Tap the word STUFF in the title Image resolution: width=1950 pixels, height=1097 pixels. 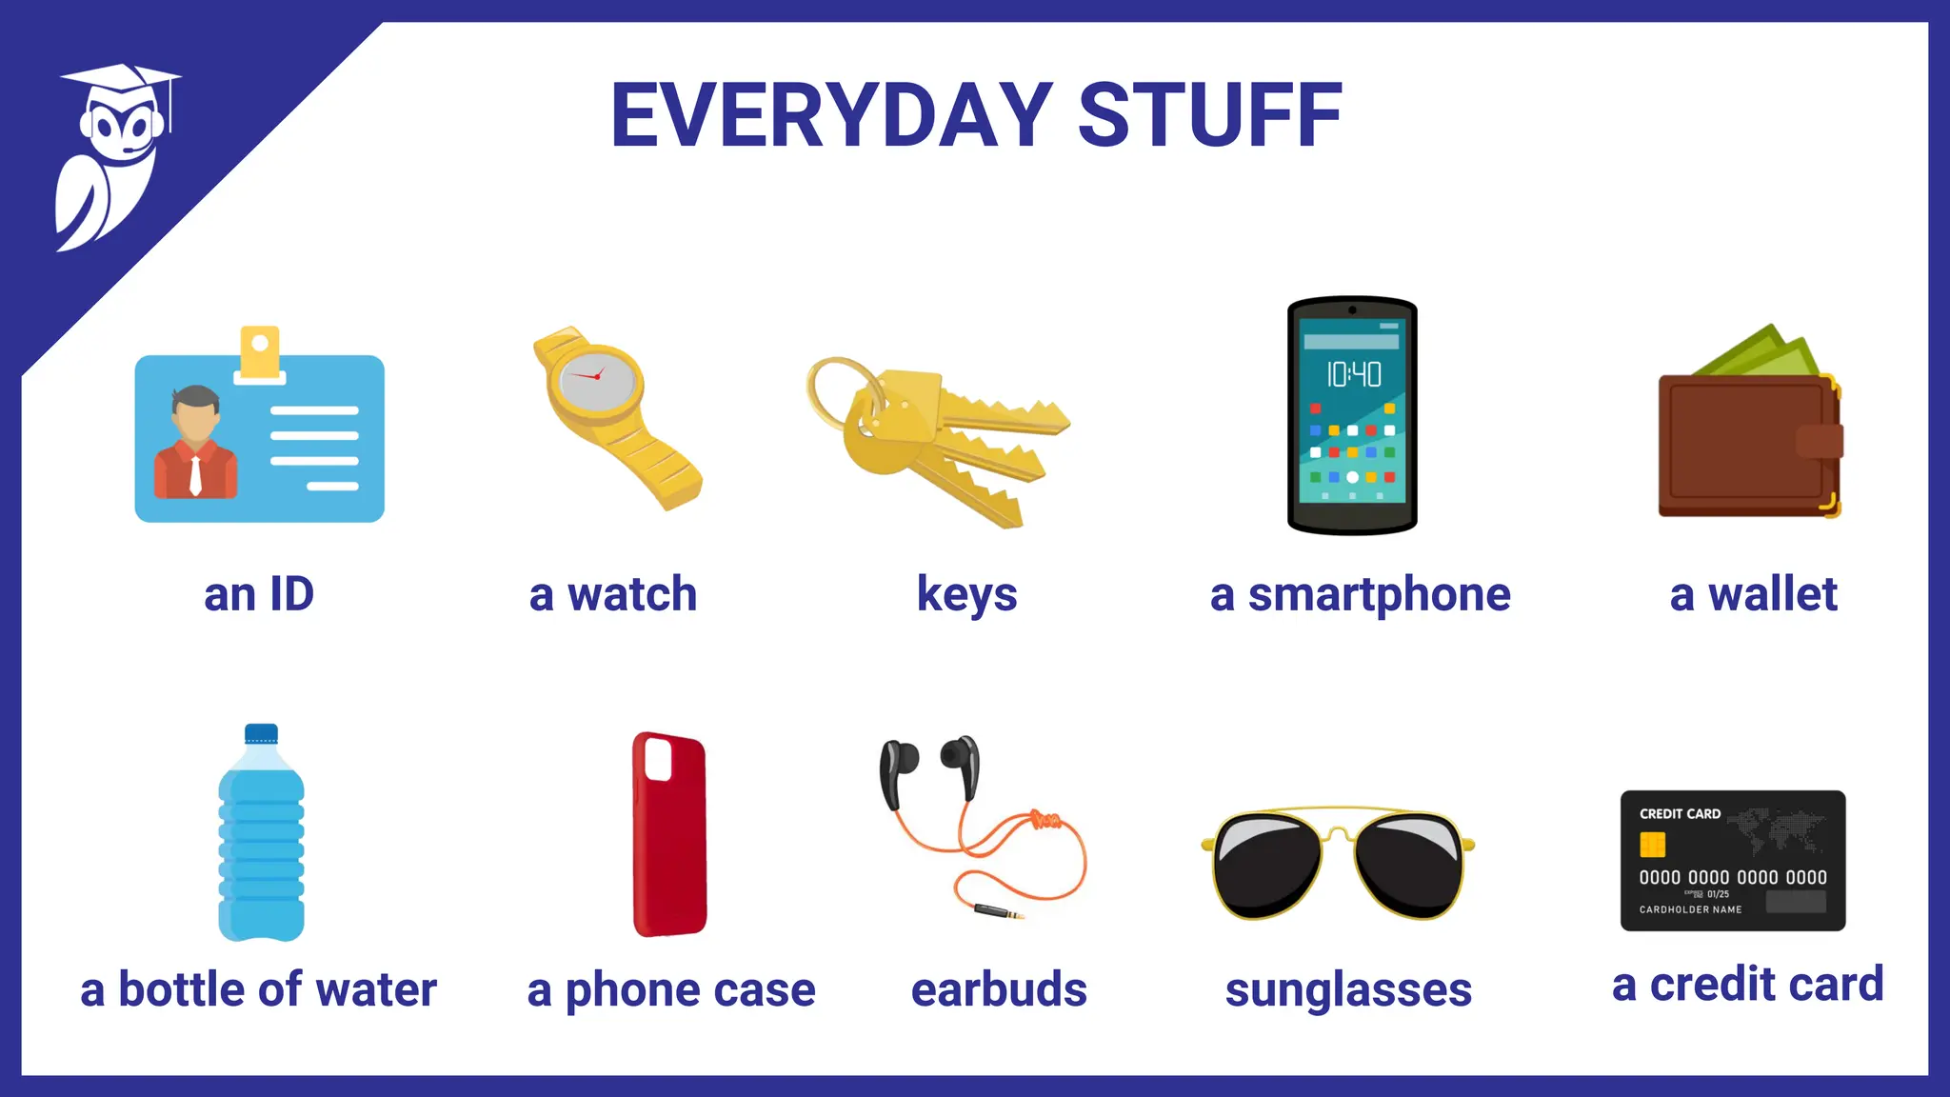click(1209, 116)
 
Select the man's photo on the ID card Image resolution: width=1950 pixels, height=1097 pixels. click(195, 442)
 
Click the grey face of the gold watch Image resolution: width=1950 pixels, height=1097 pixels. click(597, 377)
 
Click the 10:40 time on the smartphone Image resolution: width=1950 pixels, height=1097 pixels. click(1353, 374)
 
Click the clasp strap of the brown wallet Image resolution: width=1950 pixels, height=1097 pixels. click(1819, 441)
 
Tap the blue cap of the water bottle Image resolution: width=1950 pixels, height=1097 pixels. click(261, 733)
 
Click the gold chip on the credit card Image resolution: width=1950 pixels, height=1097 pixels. click(1652, 845)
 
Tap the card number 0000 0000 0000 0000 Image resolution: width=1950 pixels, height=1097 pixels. click(1732, 877)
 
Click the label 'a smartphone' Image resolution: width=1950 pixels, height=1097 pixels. click(1360, 595)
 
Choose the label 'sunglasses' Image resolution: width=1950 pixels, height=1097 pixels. click(1348, 990)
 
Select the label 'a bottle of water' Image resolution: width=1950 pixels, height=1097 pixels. click(259, 990)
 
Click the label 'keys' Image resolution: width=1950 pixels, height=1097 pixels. click(966, 595)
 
